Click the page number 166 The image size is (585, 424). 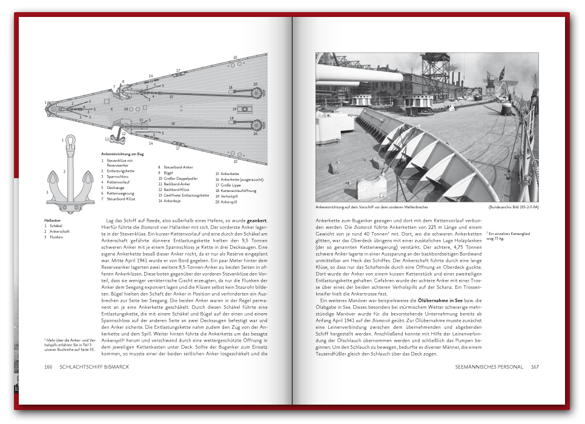point(48,366)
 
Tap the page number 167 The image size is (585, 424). point(535,366)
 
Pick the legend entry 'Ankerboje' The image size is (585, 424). point(173,200)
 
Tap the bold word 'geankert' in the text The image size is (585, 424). point(257,219)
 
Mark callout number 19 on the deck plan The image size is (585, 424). point(234,109)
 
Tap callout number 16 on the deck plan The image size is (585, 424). point(173,124)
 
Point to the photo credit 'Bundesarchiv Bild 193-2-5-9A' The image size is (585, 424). point(514,207)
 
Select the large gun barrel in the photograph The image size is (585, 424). point(357,77)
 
